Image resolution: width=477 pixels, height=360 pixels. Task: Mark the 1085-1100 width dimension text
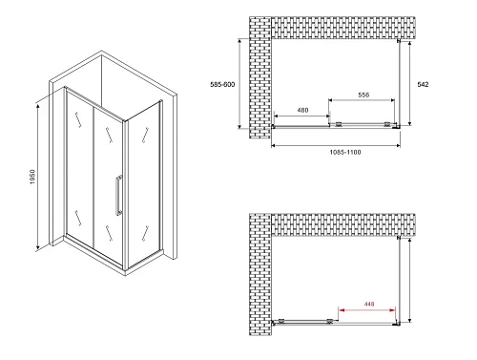[333, 151]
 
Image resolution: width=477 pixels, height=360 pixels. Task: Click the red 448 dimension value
[367, 306]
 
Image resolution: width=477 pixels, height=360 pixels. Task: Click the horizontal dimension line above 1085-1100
[334, 144]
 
